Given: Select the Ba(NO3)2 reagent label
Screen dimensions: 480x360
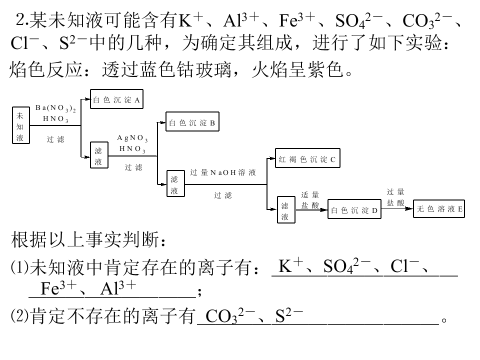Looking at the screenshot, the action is tap(55, 108).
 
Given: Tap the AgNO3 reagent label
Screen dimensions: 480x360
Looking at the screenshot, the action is tap(132, 138).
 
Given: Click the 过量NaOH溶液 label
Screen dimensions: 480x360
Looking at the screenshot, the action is tap(223, 172).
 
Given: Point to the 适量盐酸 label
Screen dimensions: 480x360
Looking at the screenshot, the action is tap(310, 200).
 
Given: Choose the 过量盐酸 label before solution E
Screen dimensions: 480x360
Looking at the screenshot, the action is tap(395, 197).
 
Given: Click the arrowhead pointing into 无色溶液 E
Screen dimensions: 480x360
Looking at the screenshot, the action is tap(409, 209).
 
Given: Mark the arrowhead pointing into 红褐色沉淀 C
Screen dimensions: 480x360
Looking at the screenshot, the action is tap(271, 158).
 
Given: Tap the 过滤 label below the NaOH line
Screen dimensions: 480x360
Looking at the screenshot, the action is tap(223, 195).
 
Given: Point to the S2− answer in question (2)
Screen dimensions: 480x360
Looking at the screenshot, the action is tap(289, 315).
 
